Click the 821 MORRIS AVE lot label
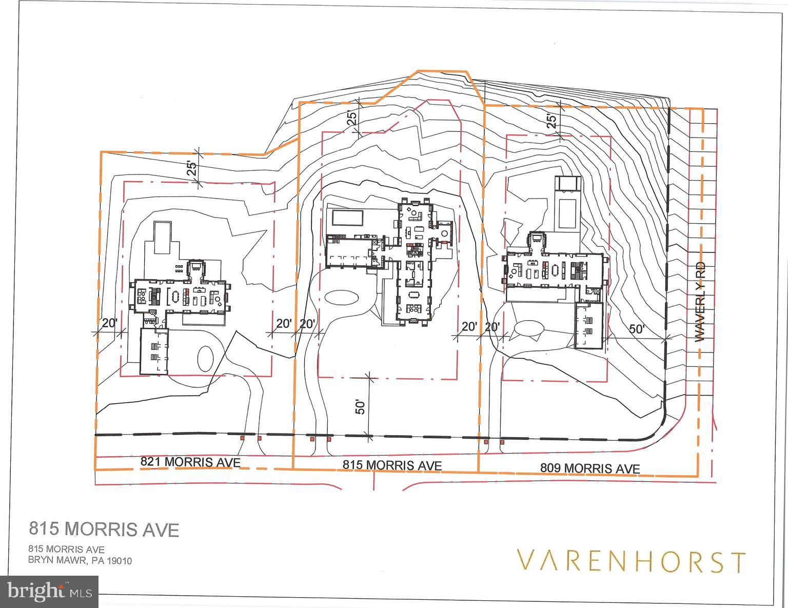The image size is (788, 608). pos(190,462)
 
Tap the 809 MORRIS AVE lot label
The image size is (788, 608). pos(590,468)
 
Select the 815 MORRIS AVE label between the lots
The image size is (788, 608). pos(392,465)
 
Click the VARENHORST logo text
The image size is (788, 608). pos(631,561)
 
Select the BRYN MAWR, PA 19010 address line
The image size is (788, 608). pos(80,560)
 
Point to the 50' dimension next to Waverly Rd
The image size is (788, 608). pos(637,329)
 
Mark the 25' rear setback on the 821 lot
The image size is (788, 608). pos(192,168)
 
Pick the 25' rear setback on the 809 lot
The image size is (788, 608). pos(551,122)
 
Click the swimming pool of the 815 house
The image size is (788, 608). pos(348,218)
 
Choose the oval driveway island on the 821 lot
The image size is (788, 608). pos(206,358)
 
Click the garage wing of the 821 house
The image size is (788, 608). pos(154,352)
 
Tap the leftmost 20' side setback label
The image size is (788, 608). pos(110,323)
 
